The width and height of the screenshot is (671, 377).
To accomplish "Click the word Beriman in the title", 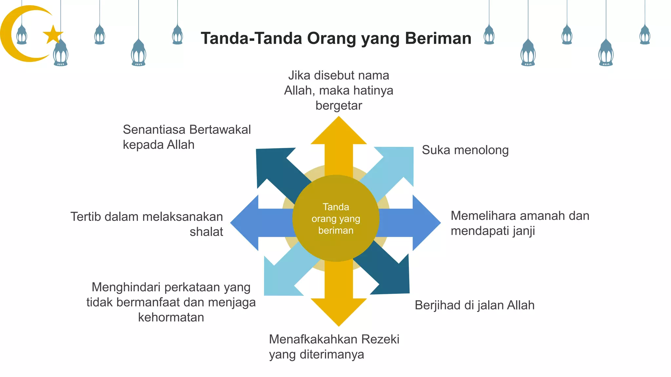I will [x=438, y=38].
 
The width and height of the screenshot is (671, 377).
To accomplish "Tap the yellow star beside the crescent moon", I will [x=53, y=34].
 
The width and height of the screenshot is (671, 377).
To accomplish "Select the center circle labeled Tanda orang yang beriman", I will [x=335, y=218].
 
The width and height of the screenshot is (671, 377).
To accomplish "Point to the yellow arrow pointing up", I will [x=338, y=141].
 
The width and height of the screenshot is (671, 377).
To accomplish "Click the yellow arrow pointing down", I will [x=338, y=304].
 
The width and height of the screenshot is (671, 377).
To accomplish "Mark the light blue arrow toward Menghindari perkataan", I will [x=282, y=278].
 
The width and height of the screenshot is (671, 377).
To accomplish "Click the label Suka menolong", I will [x=465, y=150].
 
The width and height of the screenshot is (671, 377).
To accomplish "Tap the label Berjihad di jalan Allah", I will [x=474, y=305].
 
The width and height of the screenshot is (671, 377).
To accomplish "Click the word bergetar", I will [x=338, y=105].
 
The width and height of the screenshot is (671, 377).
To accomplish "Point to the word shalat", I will [x=206, y=232].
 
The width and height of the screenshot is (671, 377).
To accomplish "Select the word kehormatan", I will [x=171, y=317].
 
